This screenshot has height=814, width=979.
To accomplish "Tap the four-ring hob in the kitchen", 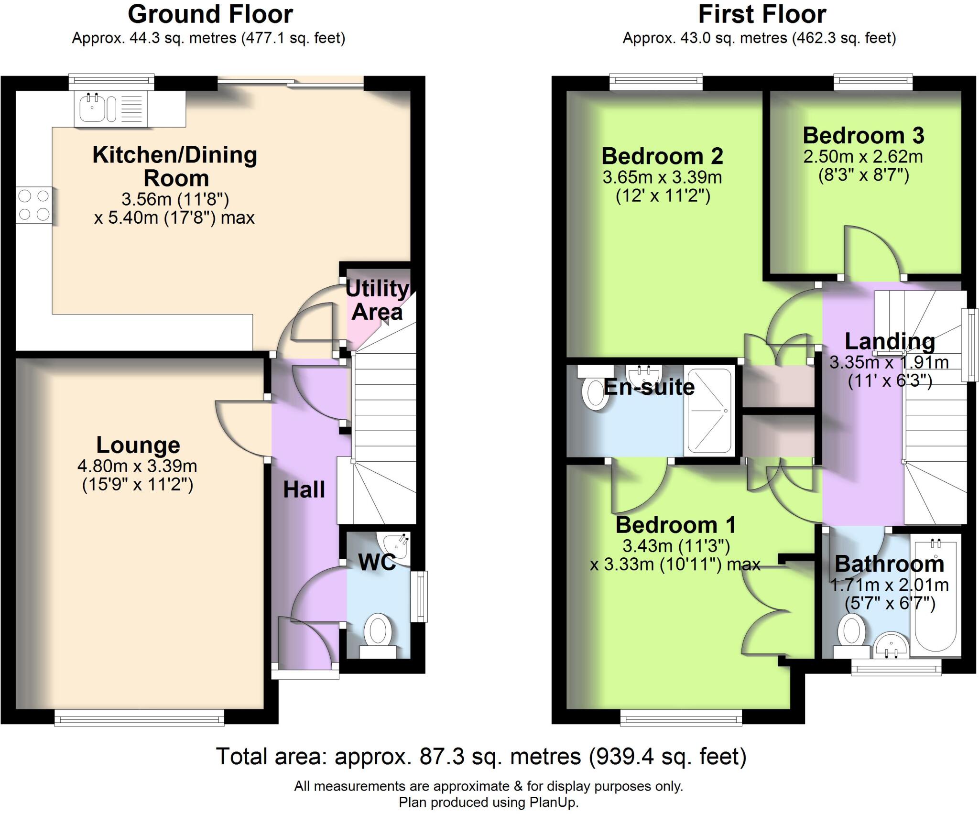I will pyautogui.click(x=33, y=205).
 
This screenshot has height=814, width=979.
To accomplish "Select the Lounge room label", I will pyautogui.click(x=138, y=445).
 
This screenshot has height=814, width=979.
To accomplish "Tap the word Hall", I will pyautogui.click(x=304, y=490).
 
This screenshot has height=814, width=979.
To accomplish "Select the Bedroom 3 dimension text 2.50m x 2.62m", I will pyautogui.click(x=863, y=157).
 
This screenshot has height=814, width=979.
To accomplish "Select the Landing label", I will pyautogui.click(x=890, y=341).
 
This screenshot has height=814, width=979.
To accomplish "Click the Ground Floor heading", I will pyautogui.click(x=210, y=14).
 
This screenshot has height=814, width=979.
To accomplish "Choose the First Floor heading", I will pyautogui.click(x=762, y=14).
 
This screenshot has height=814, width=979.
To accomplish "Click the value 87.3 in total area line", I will pyautogui.click(x=441, y=757).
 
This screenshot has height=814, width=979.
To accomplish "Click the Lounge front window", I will pyautogui.click(x=139, y=718).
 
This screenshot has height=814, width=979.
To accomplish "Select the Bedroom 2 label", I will pyautogui.click(x=662, y=156).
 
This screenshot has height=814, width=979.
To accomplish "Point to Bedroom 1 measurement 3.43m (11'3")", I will pyautogui.click(x=675, y=545).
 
